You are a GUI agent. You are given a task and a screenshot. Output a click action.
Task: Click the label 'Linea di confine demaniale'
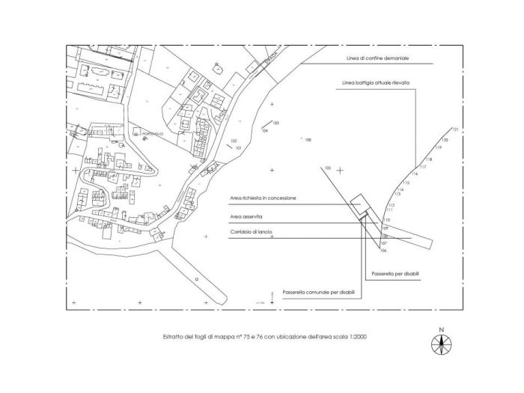click(368, 58)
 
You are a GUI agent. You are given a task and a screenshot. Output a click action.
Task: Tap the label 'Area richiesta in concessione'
click(263, 198)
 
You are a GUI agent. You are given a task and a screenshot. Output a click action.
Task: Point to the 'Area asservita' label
click(246, 216)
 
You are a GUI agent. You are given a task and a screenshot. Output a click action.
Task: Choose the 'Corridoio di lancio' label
click(250, 233)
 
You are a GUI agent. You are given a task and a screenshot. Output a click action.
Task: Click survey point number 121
click(454, 131)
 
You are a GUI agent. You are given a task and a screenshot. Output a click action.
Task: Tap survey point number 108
click(308, 139)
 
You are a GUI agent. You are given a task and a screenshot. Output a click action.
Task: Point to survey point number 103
click(275, 122)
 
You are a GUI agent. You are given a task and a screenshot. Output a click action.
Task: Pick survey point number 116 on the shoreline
click(414, 174)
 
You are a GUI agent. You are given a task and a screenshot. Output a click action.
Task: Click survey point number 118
click(429, 159)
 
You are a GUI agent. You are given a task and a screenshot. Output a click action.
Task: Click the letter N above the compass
click(442, 329)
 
